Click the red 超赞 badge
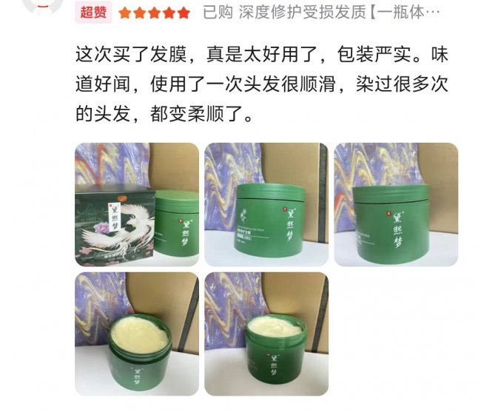coord(93,12)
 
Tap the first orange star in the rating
coord(125,13)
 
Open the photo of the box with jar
coord(137,204)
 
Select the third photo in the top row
coord(395,204)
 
